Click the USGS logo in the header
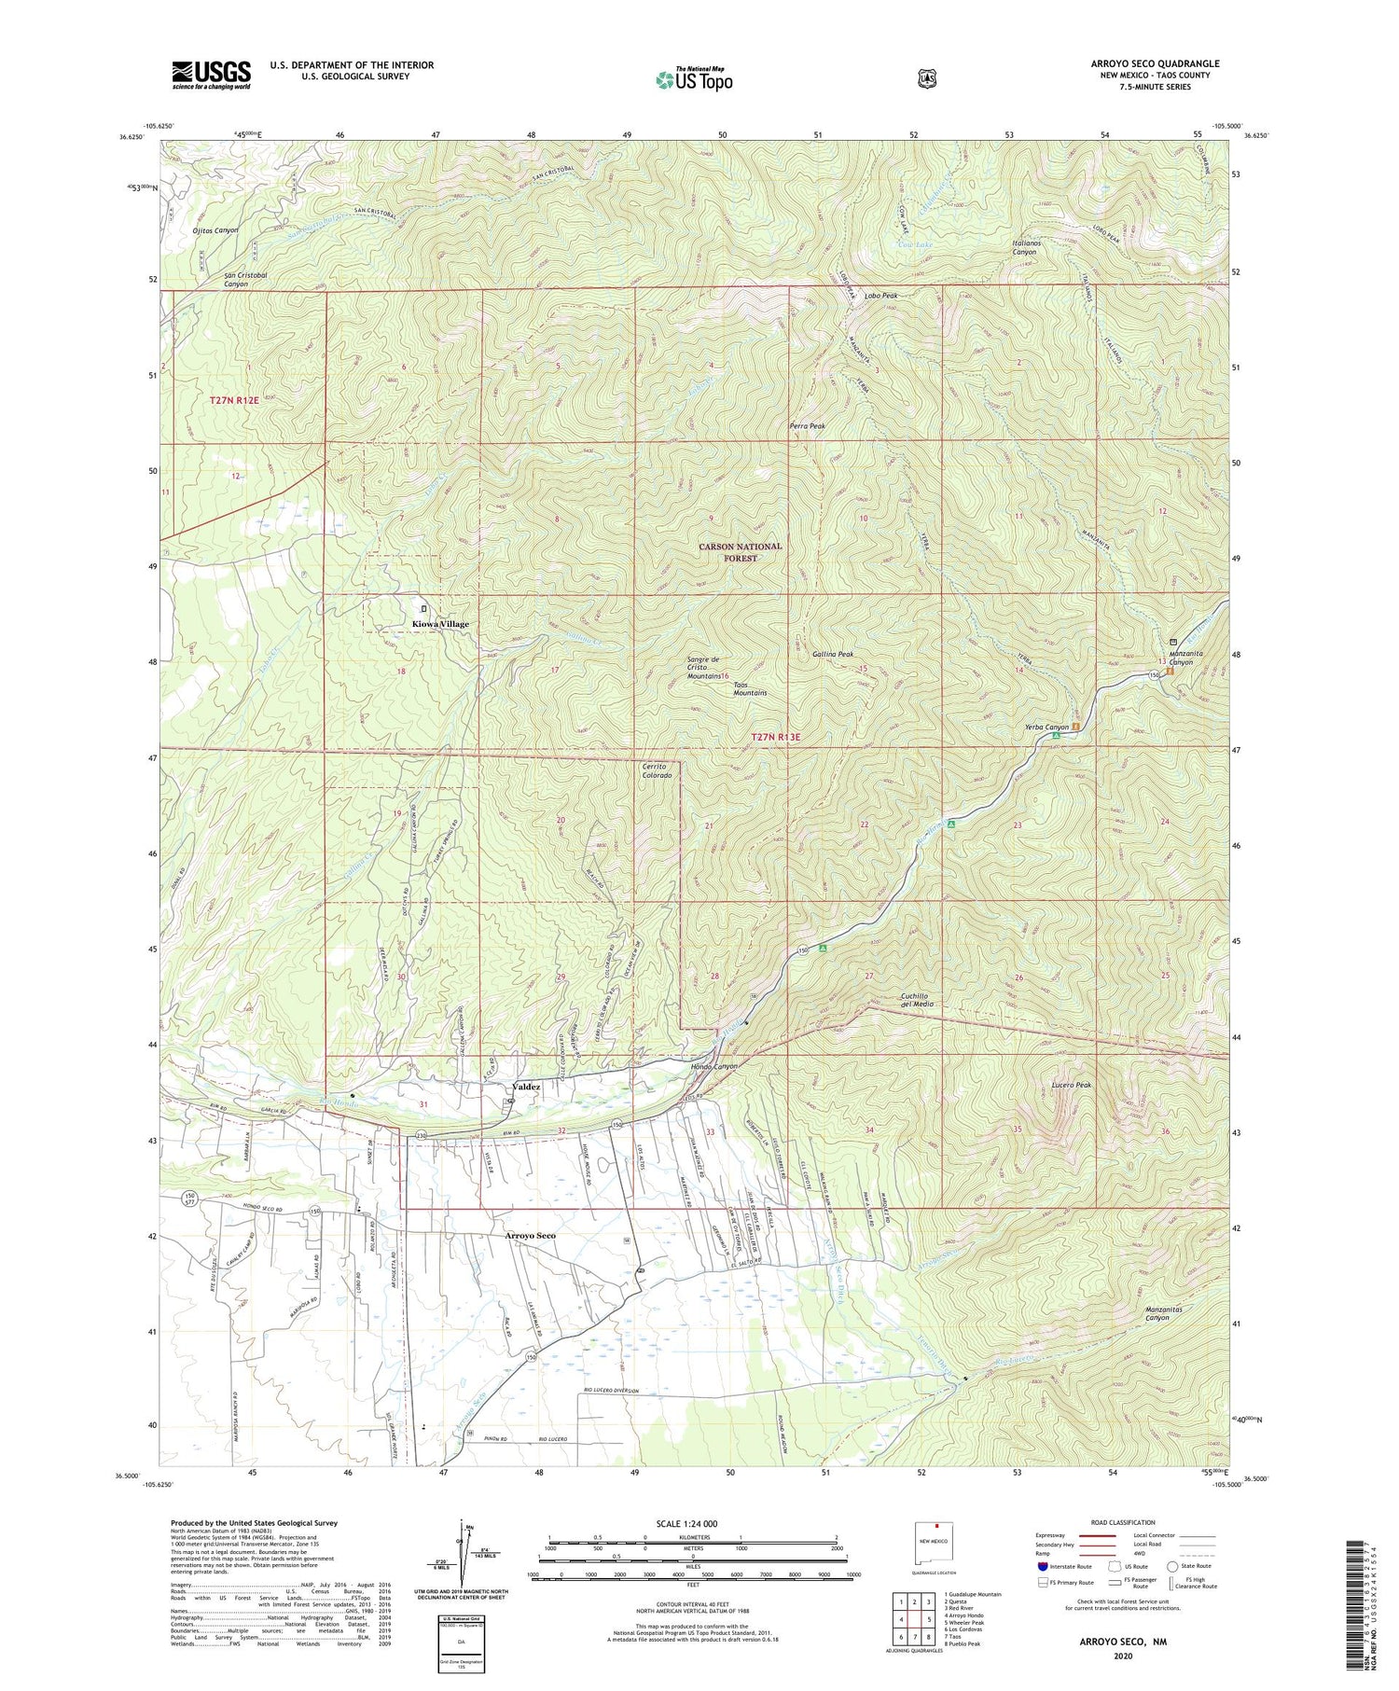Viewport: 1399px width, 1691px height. [x=211, y=75]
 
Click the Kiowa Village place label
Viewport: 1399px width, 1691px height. [x=441, y=624]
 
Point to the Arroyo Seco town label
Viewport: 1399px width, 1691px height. [x=523, y=1236]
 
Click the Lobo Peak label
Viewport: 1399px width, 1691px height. [x=880, y=296]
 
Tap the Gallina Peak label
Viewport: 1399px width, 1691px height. [x=833, y=655]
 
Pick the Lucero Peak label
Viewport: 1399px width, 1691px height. [x=1071, y=1086]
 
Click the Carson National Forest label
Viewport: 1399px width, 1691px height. [x=741, y=552]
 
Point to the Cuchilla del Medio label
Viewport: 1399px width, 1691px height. [x=917, y=1000]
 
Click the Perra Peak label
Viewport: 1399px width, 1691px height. [x=807, y=426]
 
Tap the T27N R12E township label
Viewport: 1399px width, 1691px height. [x=233, y=399]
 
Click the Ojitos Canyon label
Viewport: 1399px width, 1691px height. [x=215, y=229]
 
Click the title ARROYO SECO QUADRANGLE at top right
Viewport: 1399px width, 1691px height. [x=1155, y=63]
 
